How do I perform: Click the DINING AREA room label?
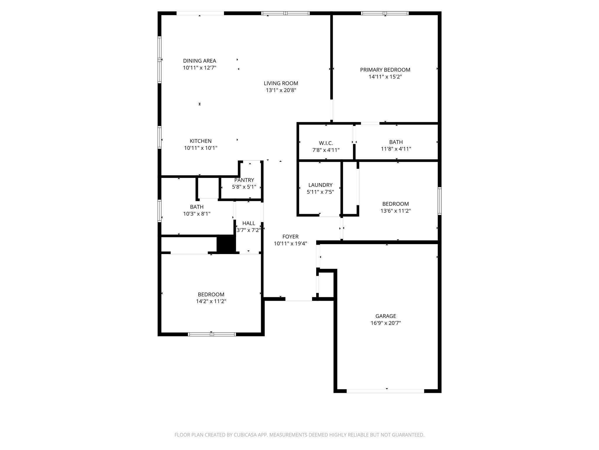tap(199, 61)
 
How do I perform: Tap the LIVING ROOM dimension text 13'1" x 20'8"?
tap(281, 90)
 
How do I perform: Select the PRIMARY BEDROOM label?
tap(385, 70)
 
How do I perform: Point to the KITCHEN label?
tap(200, 141)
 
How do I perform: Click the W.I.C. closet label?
tap(326, 143)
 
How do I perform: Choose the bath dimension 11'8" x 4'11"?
tap(396, 149)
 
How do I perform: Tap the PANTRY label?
tap(244, 180)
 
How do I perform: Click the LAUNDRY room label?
tap(320, 185)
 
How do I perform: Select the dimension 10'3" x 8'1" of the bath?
tap(197, 214)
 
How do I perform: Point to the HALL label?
tap(249, 223)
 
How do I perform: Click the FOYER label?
tap(290, 237)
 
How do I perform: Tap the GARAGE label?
tap(385, 316)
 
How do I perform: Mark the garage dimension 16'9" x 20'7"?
tap(385, 323)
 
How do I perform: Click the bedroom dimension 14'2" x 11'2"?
tap(211, 301)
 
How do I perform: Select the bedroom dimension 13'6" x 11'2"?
tap(395, 211)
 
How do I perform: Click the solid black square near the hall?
tap(226, 244)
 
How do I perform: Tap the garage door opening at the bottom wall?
tap(385, 391)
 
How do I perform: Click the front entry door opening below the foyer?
tap(299, 299)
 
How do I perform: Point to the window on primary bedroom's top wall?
tap(385, 13)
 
